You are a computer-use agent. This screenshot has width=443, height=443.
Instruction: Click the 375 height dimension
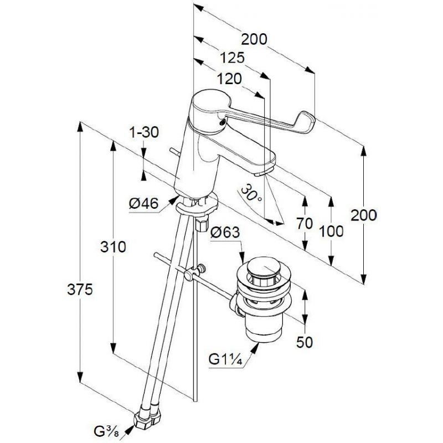pyautogui.click(x=80, y=290)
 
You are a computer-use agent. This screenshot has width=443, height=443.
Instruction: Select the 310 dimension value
pyautogui.click(x=114, y=247)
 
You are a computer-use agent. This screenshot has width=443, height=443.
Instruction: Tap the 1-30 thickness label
pyautogui.click(x=144, y=132)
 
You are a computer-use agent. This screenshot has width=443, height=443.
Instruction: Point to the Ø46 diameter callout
pyautogui.click(x=143, y=203)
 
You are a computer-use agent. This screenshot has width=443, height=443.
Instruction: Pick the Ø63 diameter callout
pyautogui.click(x=225, y=233)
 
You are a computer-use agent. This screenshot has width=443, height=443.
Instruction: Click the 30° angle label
pyautogui.click(x=251, y=193)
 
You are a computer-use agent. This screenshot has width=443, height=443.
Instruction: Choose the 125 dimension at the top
pyautogui.click(x=232, y=58)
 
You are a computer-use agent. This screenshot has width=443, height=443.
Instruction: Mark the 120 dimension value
pyautogui.click(x=229, y=79)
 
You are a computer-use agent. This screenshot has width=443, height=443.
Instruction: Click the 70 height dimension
pyautogui.click(x=305, y=224)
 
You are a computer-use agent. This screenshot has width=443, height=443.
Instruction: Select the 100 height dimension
pyautogui.click(x=331, y=231)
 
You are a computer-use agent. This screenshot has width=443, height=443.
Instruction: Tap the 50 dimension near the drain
pyautogui.click(x=305, y=342)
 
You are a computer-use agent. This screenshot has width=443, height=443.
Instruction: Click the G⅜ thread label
pyautogui.click(x=106, y=431)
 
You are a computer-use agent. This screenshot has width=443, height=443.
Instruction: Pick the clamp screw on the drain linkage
pyautogui.click(x=201, y=267)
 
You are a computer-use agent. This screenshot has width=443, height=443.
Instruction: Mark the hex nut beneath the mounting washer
pyautogui.click(x=202, y=224)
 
